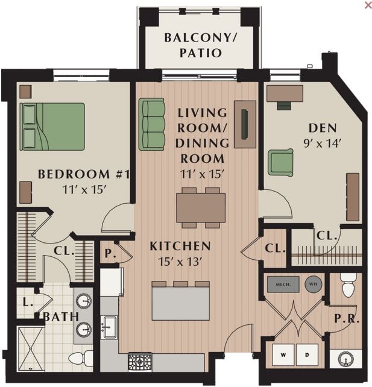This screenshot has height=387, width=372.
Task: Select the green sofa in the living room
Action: (152, 124)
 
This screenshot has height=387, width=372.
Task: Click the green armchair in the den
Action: (280, 162)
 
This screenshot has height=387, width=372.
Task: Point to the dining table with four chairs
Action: (201, 207)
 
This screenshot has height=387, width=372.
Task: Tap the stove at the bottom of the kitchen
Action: (140, 362)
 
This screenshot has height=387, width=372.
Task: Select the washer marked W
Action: (283, 356)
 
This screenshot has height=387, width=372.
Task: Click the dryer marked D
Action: (306, 356)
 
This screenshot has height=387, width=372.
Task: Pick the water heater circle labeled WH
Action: (313, 285)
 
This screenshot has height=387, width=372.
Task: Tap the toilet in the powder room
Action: (348, 286)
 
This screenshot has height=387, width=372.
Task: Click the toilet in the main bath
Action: (79, 359)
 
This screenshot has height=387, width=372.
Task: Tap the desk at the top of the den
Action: (285, 93)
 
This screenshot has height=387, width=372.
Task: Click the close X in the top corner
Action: (368, 5)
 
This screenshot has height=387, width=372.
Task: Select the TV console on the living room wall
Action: (245, 124)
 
